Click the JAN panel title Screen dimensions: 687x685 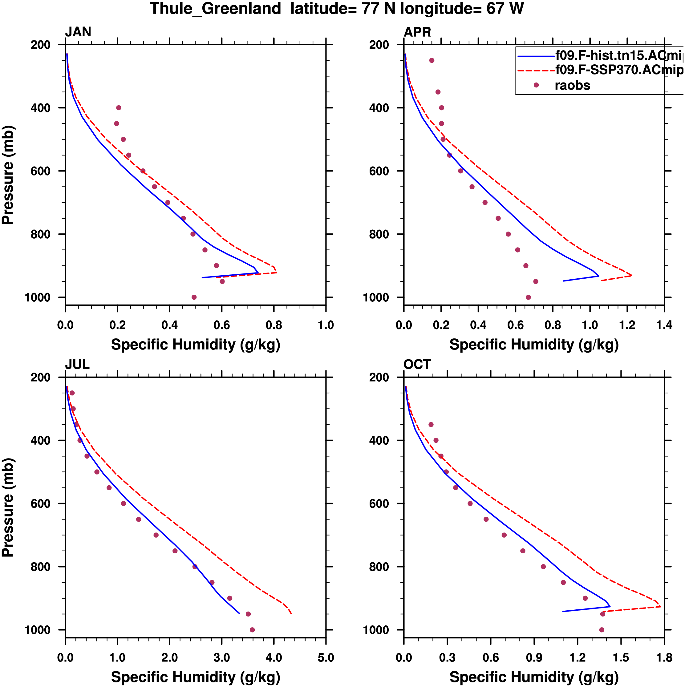78,32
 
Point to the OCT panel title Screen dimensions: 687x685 417,365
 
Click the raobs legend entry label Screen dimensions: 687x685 572,85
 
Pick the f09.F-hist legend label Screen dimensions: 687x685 619,55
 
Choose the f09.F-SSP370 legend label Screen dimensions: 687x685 619,70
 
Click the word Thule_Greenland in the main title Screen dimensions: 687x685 215,9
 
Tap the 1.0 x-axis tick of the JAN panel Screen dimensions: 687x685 326,325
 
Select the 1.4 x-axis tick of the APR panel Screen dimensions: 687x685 664,325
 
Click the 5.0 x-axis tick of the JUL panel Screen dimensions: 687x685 326,657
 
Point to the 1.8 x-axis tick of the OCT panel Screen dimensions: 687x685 664,657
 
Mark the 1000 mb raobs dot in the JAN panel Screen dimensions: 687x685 194,297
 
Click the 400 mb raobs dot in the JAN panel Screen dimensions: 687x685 119,108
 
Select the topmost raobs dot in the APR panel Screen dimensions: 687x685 432,60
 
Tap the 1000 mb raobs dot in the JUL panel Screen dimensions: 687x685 252,630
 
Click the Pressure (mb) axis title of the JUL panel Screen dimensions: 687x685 8,507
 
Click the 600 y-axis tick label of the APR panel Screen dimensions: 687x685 379,171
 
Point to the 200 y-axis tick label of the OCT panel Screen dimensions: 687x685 379,377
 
